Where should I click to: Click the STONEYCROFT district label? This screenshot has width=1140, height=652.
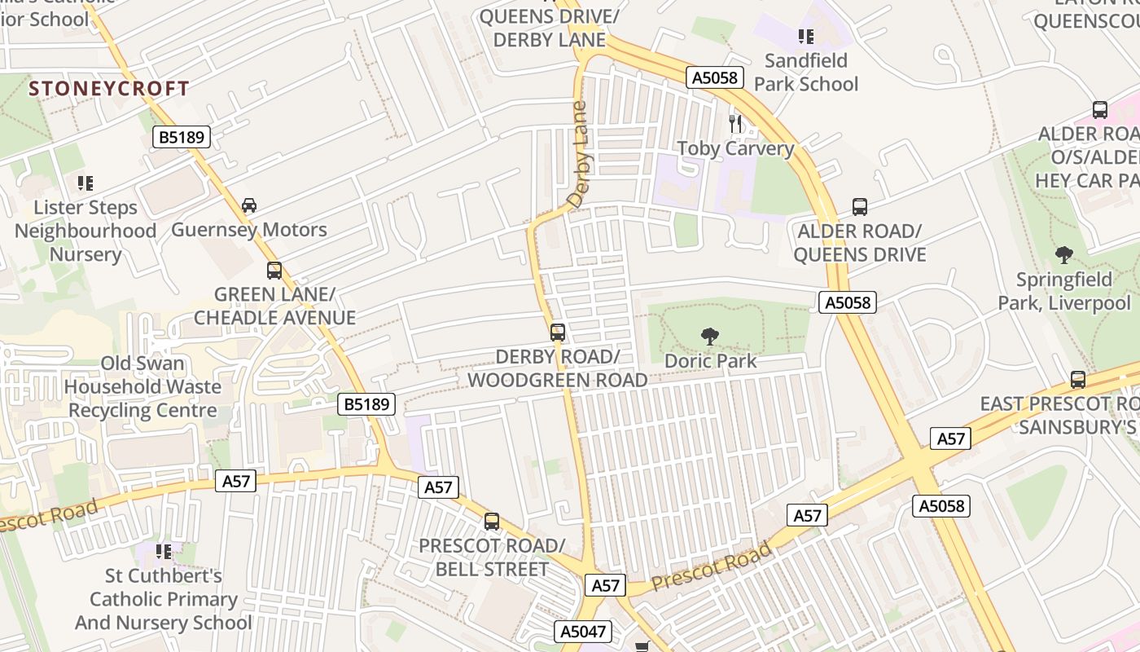pos(109,89)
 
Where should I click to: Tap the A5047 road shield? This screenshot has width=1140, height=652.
pos(583,632)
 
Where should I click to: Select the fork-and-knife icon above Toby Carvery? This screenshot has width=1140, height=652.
pos(736,124)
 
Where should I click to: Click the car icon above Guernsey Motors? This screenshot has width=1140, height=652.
pos(249,205)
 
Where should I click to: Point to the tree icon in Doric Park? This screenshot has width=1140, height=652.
pos(710,336)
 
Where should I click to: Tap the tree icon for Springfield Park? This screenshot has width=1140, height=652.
pos(1063,255)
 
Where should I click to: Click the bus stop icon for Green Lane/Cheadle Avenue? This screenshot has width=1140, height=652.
pos(274,271)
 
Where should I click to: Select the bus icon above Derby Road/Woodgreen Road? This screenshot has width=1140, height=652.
pos(558,333)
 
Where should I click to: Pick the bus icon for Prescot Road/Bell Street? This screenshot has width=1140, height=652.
pos(491,522)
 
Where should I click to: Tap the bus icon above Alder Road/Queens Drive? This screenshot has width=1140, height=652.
pos(860,207)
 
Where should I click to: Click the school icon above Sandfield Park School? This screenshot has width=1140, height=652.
pos(806,36)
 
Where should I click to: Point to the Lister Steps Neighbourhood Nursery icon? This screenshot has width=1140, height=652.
pos(85,183)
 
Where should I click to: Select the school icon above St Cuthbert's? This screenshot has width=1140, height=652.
pos(164,552)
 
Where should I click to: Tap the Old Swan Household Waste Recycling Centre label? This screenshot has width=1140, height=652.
pos(142,387)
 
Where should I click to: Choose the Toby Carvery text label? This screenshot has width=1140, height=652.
pos(735,148)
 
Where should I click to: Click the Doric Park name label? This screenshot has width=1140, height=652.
pos(710,360)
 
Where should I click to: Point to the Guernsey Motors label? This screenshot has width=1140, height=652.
pos(249,230)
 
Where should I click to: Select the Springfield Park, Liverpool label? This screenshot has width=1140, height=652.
pos(1063,292)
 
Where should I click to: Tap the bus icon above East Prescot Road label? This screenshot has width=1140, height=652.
pos(1078,380)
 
